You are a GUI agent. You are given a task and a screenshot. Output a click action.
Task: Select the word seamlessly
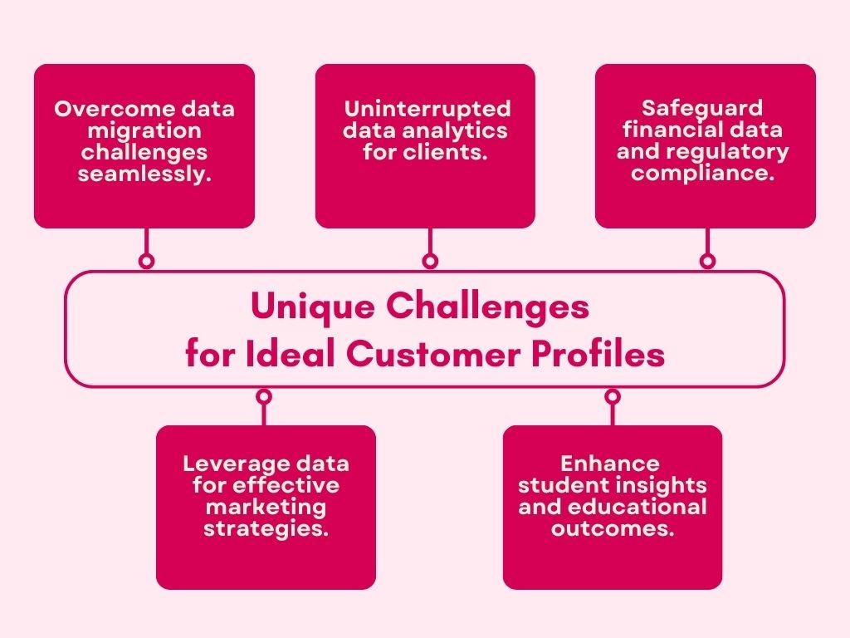pos(144,174)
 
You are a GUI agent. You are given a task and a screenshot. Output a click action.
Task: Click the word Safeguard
pos(702,109)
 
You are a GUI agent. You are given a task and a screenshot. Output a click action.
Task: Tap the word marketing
pos(266,507)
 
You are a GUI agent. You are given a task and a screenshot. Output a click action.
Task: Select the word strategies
pos(266,528)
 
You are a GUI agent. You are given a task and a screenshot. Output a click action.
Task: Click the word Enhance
pos(610,464)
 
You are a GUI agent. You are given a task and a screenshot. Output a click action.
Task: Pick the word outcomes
pos(612,528)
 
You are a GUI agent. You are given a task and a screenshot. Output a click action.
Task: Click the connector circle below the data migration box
pos(146,261)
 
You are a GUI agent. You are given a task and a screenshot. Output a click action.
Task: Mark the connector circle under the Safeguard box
pos(707,261)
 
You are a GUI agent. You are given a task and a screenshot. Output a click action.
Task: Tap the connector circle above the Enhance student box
pos(612,397)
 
